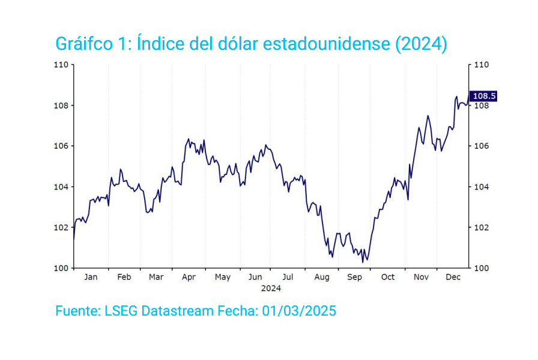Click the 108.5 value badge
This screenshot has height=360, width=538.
pyautogui.click(x=484, y=96)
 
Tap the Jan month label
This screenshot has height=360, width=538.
pyautogui.click(x=91, y=277)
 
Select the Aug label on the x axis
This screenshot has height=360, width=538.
pyautogui.click(x=322, y=277)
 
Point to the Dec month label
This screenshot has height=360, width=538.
pyautogui.click(x=453, y=277)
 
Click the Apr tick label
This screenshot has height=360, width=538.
pyautogui.click(x=189, y=277)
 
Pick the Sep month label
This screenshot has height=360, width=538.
pyautogui.click(x=355, y=277)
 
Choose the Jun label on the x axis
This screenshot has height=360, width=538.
pyautogui.click(x=255, y=277)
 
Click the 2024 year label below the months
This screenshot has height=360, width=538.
pyautogui.click(x=271, y=288)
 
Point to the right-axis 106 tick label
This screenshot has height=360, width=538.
pyautogui.click(x=482, y=146)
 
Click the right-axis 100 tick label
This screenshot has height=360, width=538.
pyautogui.click(x=482, y=268)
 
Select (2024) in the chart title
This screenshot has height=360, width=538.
pyautogui.click(x=421, y=44)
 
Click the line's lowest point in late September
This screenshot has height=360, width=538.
pyautogui.click(x=363, y=262)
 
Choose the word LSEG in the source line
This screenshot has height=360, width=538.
pyautogui.click(x=122, y=311)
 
